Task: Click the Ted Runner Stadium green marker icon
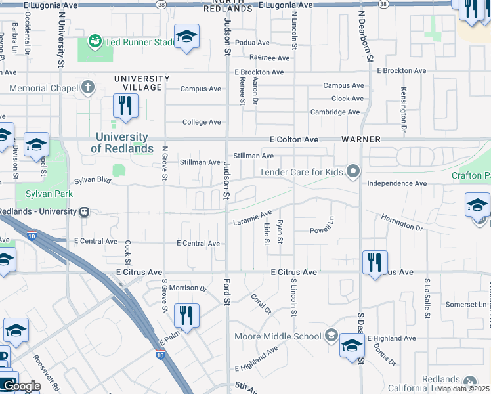pyautogui.click(x=96, y=43)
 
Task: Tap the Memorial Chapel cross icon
pyautogui.click(x=88, y=87)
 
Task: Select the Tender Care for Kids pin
pyautogui.click(x=354, y=173)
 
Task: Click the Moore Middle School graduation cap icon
pyautogui.click(x=331, y=336)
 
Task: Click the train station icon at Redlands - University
pyautogui.click(x=84, y=212)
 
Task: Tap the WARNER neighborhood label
pyautogui.click(x=358, y=140)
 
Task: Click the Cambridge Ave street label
pyautogui.click(x=335, y=112)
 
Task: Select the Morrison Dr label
pyautogui.click(x=188, y=288)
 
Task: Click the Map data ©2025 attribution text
pyautogui.click(x=463, y=389)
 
